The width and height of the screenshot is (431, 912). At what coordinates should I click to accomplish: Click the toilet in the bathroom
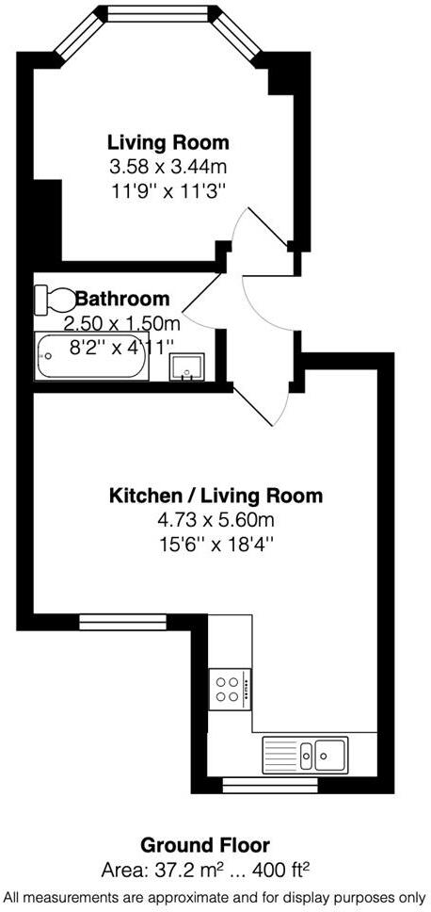tap(56, 301)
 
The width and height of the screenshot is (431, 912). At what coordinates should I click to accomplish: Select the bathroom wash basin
tap(187, 367)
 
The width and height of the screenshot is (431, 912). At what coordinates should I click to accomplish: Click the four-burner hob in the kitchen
tap(228, 690)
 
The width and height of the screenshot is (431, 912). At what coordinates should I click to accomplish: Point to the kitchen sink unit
tap(306, 752)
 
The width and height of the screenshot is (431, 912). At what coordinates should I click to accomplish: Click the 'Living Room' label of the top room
tap(168, 143)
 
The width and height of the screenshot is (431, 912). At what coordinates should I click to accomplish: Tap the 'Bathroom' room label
tap(123, 300)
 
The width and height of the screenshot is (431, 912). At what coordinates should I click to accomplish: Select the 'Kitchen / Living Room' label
tap(215, 496)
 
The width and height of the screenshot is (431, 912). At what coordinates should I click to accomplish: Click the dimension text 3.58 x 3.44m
tap(168, 168)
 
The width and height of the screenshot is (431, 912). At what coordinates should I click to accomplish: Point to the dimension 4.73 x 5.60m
tap(215, 520)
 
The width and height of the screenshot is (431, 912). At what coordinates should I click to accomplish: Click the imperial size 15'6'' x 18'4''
tap(215, 545)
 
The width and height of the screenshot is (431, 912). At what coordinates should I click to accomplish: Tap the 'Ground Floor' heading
tap(205, 844)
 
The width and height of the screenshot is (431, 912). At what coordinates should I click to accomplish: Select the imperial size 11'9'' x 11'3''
tap(168, 190)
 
